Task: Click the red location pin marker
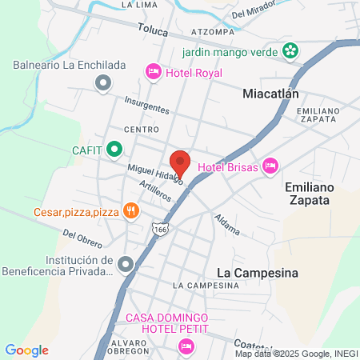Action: [180, 162]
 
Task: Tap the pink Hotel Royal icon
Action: [153, 73]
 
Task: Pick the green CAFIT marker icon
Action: [114, 148]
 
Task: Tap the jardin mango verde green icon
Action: [290, 53]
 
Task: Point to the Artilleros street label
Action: [156, 193]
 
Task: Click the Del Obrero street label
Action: [81, 238]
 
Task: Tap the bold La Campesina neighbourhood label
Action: [258, 273]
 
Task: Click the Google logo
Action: [27, 350]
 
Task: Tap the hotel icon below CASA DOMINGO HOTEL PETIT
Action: [186, 346]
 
